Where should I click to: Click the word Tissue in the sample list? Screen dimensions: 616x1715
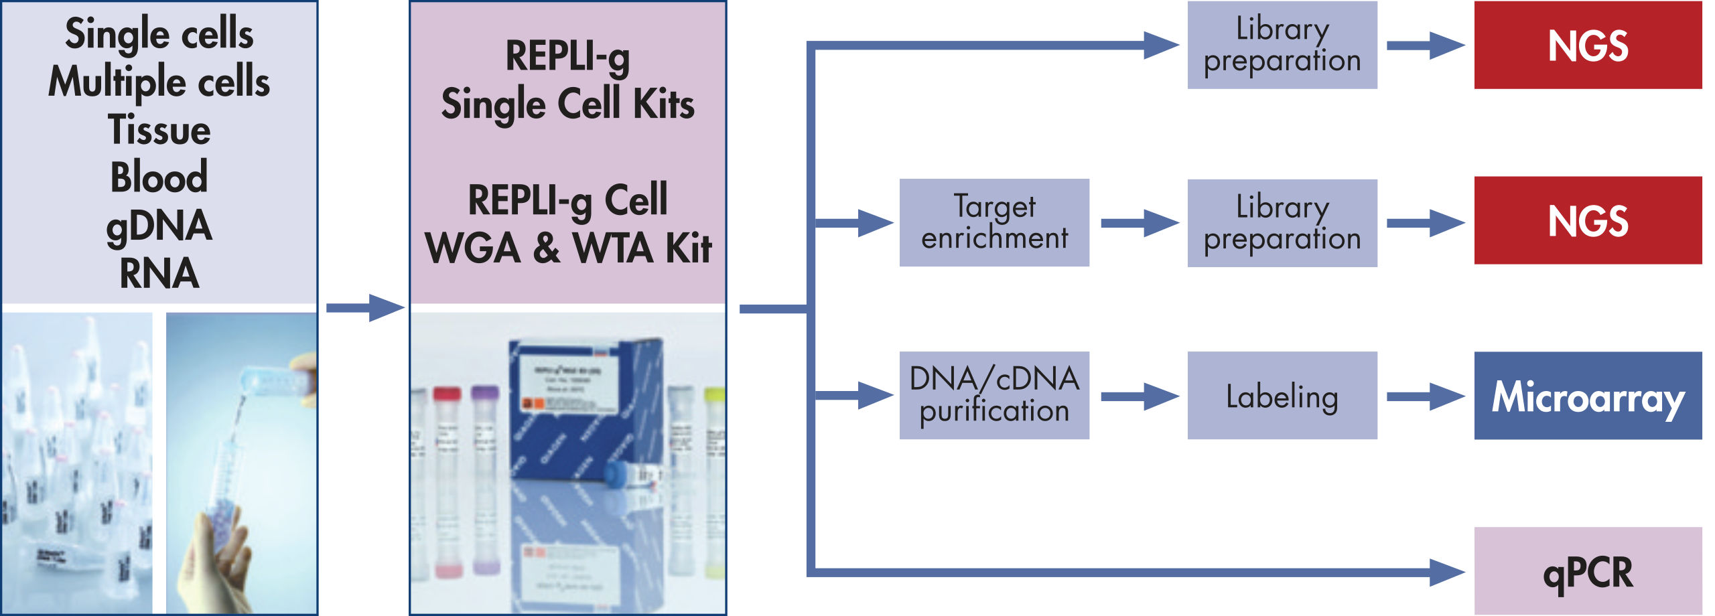point(159,129)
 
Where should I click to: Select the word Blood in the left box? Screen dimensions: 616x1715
point(159,177)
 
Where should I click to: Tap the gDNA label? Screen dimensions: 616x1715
point(159,226)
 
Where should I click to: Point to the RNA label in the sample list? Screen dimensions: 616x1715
point(159,273)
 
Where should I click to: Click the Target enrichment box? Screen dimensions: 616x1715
point(993,222)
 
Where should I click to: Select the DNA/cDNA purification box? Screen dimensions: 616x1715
point(993,395)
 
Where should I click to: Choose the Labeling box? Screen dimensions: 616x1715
point(1282,395)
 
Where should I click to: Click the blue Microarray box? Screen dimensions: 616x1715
point(1587,395)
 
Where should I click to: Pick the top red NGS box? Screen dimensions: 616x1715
point(1587,45)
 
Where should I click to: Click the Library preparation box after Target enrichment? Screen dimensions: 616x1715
point(1282,222)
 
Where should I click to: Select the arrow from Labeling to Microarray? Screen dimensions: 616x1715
point(1425,396)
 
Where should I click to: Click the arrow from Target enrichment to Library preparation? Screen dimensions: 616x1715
point(1139,223)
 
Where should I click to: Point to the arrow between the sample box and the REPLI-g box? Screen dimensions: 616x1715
point(364,307)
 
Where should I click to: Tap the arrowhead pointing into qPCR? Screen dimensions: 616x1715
point(1447,572)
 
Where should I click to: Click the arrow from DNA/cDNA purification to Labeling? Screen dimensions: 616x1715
point(1139,396)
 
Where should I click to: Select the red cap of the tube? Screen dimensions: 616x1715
point(447,394)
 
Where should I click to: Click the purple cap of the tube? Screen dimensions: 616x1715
point(484,392)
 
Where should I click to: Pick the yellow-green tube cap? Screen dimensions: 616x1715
point(715,394)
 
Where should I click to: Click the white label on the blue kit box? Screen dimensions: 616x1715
point(566,382)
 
